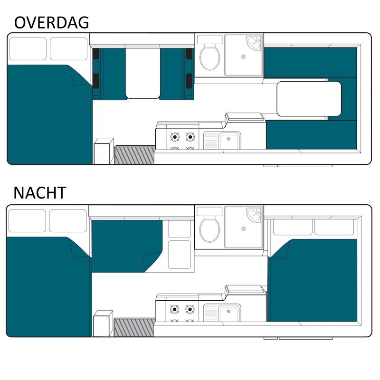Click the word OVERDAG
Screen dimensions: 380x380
(52, 22)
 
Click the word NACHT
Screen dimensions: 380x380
(40, 193)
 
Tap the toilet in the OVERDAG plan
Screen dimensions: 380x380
(209, 57)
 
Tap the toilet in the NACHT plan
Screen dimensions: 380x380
(209, 229)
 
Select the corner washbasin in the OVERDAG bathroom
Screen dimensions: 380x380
(255, 42)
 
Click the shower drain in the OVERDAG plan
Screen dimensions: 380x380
(244, 57)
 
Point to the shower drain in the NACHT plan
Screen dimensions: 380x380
(244, 229)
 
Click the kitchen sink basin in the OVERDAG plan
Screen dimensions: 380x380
(229, 141)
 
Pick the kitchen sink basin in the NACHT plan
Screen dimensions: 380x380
(229, 313)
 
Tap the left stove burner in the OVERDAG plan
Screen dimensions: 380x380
(175, 137)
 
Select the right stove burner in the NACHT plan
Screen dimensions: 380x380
(190, 309)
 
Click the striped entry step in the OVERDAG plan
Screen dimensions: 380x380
(135, 155)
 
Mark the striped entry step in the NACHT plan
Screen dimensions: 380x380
(134, 327)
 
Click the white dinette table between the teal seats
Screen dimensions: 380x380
(143, 73)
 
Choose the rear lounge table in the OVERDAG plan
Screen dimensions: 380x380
(309, 99)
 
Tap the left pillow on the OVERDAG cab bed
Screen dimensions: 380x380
(28, 49)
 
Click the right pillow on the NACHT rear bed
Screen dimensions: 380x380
(334, 227)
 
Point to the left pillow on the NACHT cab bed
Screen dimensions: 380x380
(27, 221)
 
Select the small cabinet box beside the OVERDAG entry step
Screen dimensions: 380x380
(104, 151)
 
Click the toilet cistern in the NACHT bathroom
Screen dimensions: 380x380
(209, 211)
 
